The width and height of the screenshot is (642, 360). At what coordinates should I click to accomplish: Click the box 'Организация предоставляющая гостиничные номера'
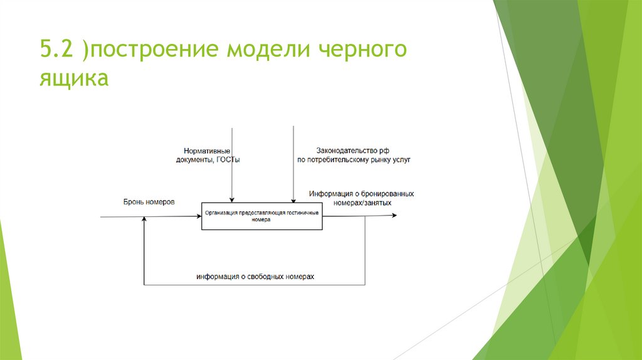tap(263, 216)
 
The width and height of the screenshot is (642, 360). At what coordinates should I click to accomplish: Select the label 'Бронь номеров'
tap(149, 202)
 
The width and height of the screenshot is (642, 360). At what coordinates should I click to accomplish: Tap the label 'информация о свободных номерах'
tap(255, 277)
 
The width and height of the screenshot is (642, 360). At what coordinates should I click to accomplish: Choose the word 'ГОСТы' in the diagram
tap(228, 160)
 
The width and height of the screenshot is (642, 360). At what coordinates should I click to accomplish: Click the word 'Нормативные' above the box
tap(207, 151)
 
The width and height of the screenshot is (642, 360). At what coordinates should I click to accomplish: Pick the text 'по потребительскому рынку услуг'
tap(354, 160)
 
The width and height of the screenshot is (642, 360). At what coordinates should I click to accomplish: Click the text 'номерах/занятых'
tap(363, 203)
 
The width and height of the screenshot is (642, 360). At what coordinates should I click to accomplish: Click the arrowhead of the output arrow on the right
tap(394, 216)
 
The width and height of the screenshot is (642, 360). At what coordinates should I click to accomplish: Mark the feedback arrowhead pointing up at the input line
tap(144, 219)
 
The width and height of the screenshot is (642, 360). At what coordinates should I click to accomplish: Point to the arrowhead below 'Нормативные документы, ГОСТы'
tap(232, 200)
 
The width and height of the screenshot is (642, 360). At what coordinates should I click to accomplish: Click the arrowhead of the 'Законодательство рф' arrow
tap(293, 200)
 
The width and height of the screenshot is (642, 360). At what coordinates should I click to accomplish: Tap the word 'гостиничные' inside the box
tap(303, 213)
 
